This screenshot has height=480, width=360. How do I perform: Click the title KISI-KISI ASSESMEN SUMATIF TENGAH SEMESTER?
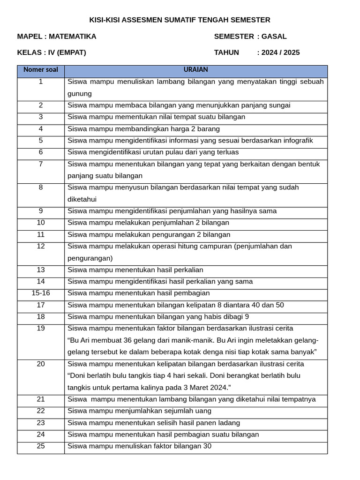(x=180, y=20)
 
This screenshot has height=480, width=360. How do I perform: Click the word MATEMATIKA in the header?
(x=72, y=36)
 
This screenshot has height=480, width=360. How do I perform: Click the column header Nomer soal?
(x=41, y=70)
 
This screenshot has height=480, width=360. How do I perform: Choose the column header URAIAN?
(x=195, y=70)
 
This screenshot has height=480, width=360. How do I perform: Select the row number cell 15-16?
(x=41, y=293)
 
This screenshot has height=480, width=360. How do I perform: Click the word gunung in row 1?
(x=80, y=94)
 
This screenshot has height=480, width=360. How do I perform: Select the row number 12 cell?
(x=41, y=246)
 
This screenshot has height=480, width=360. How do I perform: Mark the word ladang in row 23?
(x=230, y=423)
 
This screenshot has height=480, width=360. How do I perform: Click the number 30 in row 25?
(x=207, y=446)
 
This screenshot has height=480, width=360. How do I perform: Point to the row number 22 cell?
(x=41, y=411)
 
